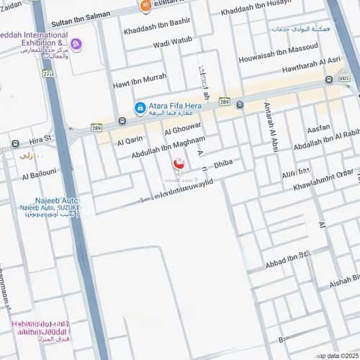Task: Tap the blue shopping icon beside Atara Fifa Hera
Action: [140, 108]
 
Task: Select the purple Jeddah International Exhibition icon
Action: [76, 45]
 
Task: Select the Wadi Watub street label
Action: [173, 41]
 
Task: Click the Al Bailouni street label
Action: [40, 175]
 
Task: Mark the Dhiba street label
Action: [223, 164]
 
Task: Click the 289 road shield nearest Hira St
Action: [96, 127]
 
